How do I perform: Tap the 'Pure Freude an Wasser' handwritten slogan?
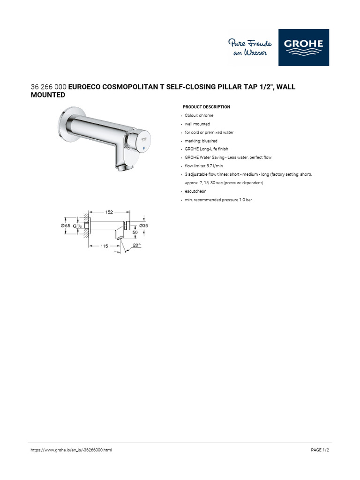tap(250, 48)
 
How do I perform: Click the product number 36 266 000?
tap(48, 87)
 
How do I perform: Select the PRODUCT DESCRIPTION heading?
tap(206, 107)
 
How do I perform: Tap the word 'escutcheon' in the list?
tap(195, 191)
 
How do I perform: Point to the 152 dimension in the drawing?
tap(109, 212)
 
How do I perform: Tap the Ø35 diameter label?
tap(143, 225)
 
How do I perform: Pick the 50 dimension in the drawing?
tap(135, 232)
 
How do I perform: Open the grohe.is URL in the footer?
tap(71, 450)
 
